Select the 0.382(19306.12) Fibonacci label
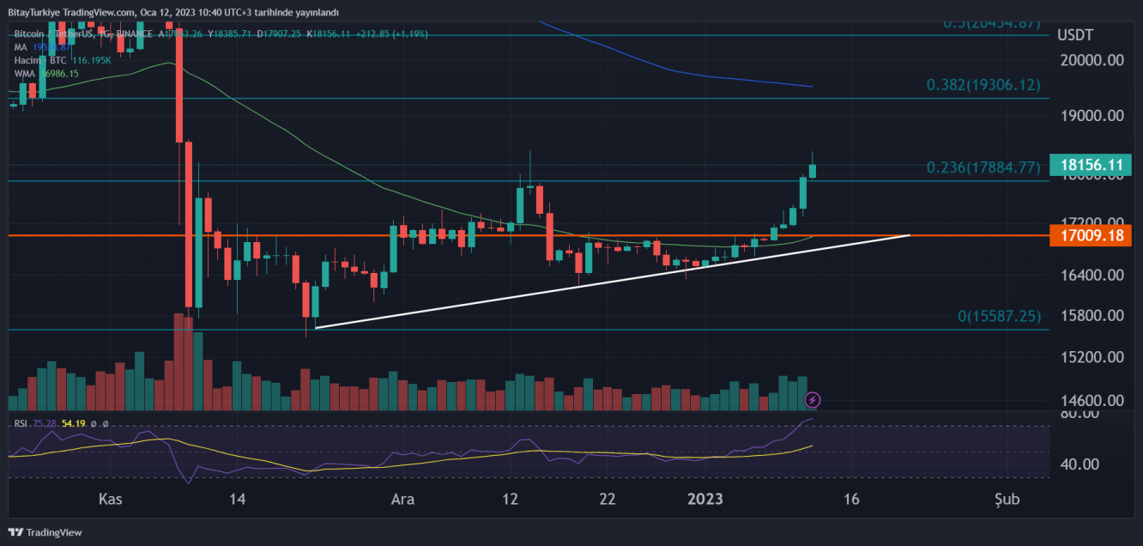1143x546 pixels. pyautogui.click(x=983, y=85)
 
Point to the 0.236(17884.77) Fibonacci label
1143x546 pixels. pyautogui.click(x=983, y=167)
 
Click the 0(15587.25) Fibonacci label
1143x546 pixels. pyautogui.click(x=999, y=317)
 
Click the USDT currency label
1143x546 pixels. pyautogui.click(x=1075, y=35)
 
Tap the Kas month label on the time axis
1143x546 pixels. pyautogui.click(x=108, y=499)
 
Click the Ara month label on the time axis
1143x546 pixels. pyautogui.click(x=402, y=499)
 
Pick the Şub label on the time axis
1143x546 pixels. pyautogui.click(x=1007, y=499)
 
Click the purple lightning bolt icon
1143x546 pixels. pyautogui.click(x=813, y=399)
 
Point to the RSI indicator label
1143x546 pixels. pyautogui.click(x=21, y=423)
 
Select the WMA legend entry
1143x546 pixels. pyautogui.click(x=24, y=74)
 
